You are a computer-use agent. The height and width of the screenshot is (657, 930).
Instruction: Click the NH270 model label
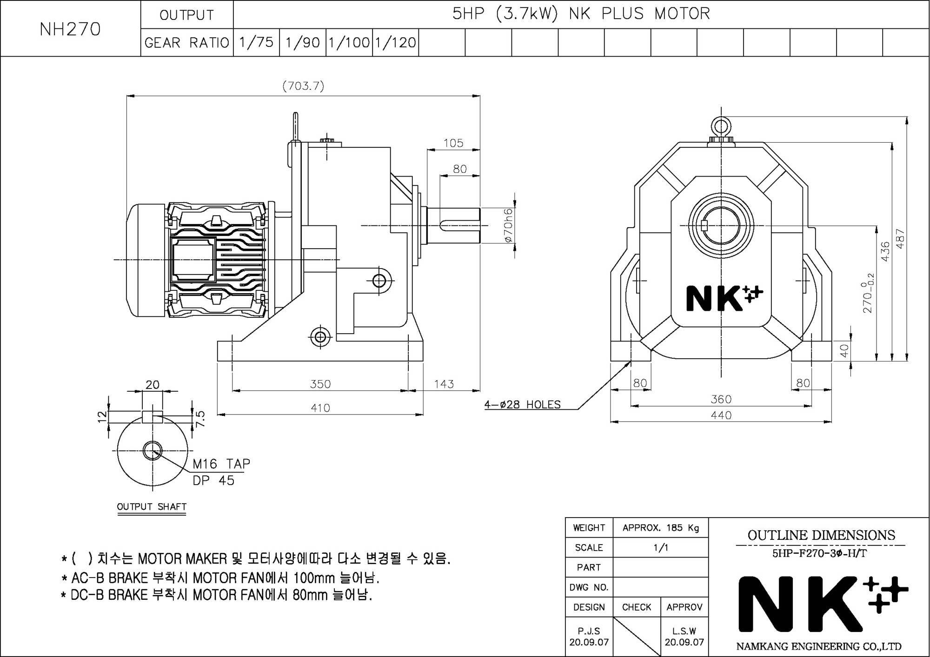point(70,29)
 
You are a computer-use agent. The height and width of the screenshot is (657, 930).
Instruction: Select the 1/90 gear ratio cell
point(303,42)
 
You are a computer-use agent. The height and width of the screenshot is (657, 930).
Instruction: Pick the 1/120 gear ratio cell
point(396,42)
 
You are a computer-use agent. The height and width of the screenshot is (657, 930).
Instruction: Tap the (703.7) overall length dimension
point(303,86)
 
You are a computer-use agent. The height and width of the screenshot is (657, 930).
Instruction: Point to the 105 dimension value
point(453,143)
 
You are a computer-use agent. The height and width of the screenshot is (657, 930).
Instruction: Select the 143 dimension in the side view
point(444,384)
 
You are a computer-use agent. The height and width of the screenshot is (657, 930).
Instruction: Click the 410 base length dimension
point(320,408)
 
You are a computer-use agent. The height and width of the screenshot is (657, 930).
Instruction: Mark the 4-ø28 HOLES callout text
point(523,405)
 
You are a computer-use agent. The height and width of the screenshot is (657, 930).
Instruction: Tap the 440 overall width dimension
point(721,415)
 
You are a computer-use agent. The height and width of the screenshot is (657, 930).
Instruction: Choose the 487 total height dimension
point(900,238)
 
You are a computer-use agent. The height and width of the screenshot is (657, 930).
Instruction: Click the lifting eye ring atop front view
point(721,126)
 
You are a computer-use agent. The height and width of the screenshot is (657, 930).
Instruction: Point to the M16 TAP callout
point(221,464)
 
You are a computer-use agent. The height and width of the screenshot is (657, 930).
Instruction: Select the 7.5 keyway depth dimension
point(200,419)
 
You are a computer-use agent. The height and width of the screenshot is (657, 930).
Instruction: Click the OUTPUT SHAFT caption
point(152,506)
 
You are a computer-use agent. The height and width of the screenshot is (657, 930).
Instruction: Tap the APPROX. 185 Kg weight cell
point(661,528)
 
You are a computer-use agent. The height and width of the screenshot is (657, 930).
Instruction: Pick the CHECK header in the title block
point(637,607)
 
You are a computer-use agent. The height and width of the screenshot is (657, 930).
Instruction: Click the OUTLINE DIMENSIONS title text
point(821,535)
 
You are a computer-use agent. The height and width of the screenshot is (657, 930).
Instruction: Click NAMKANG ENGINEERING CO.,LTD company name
point(819,646)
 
